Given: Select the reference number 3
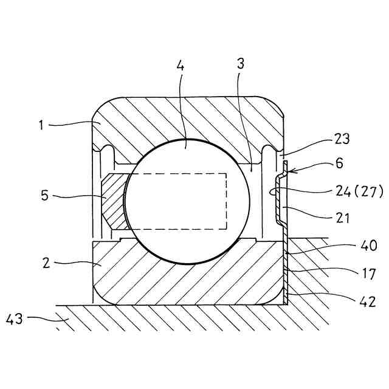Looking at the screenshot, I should point(241,64).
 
